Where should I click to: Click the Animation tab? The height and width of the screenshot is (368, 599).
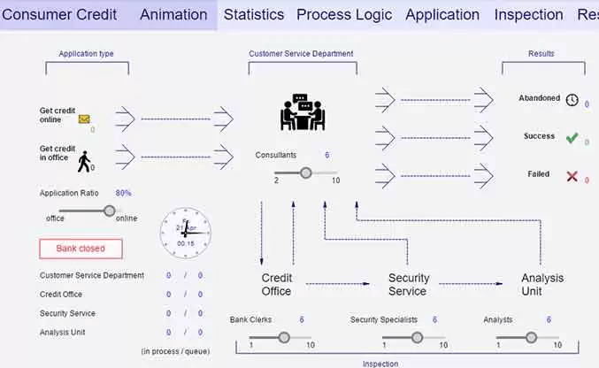coord(173,15)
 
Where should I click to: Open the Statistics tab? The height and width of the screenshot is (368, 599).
coord(253,15)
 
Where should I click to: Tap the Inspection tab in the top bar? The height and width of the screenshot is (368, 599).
coord(528,15)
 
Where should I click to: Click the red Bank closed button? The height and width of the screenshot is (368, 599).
coord(81,249)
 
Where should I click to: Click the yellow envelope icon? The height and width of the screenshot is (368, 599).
coord(84,119)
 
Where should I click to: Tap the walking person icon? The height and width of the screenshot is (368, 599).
coord(84,160)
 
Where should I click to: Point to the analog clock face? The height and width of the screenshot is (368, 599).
coord(186,233)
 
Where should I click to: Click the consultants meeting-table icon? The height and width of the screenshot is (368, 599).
coord(302,112)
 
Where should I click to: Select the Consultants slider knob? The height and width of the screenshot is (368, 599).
coord(306,172)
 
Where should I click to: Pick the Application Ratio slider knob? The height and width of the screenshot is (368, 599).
coord(109,211)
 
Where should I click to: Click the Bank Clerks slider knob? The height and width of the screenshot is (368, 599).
coord(284,337)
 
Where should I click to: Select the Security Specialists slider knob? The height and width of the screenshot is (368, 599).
coord(417,337)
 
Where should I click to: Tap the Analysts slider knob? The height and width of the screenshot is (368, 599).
coord(531,337)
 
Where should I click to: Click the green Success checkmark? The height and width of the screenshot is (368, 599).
coord(572,138)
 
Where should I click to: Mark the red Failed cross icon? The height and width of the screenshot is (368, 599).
coord(572,176)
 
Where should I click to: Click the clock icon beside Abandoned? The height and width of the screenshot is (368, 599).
coord(572,100)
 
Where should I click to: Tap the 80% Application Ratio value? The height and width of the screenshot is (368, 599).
coord(123,193)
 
